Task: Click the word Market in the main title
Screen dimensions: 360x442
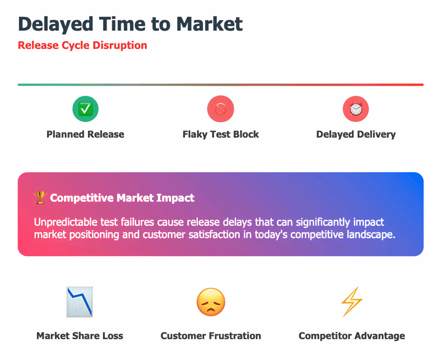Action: (x=209, y=24)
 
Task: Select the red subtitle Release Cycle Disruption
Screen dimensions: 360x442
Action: (x=82, y=45)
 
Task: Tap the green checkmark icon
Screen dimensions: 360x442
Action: (x=85, y=109)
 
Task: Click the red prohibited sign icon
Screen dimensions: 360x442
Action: (x=221, y=109)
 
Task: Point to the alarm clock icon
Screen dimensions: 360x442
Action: (x=356, y=109)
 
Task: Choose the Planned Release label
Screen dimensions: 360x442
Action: (x=85, y=134)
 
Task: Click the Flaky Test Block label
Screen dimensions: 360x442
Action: (x=221, y=134)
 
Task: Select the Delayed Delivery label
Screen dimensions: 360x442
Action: (x=356, y=134)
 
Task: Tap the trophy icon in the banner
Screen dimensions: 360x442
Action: (x=40, y=198)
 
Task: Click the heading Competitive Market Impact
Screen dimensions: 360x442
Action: (x=122, y=198)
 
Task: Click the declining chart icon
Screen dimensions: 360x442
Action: (x=80, y=302)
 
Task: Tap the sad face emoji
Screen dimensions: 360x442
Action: (x=211, y=302)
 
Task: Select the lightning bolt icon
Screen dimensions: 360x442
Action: (x=352, y=302)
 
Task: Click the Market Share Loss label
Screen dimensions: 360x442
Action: (x=80, y=336)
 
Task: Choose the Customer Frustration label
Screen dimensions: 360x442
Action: (x=211, y=336)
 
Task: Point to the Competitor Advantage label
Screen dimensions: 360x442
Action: (x=352, y=336)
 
